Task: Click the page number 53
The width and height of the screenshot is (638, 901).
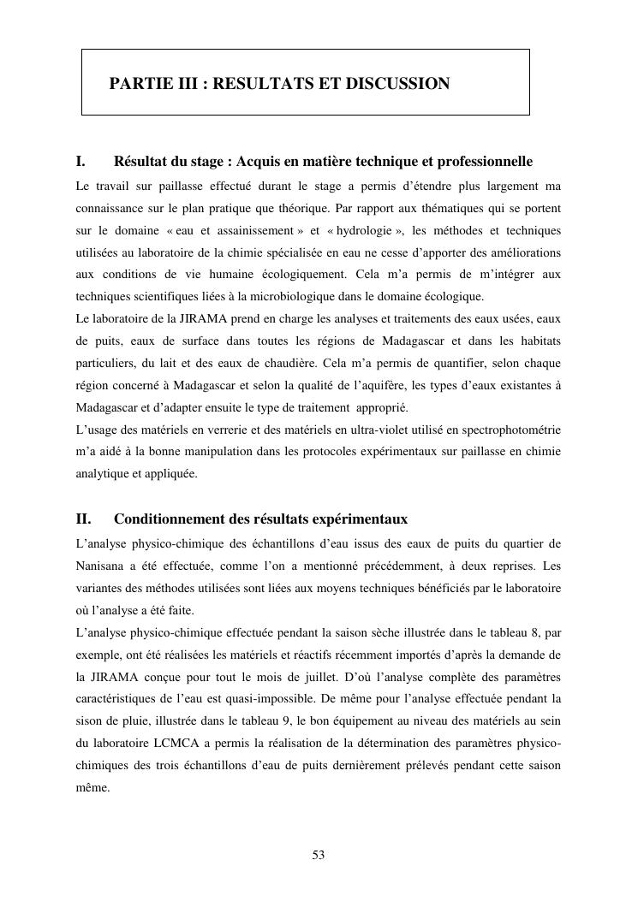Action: [319, 855]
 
